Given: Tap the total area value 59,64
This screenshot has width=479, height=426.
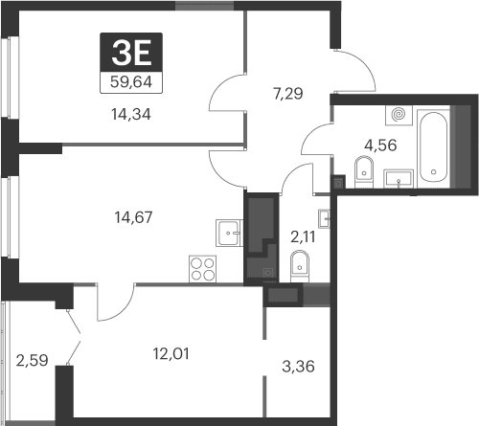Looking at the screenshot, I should [132, 81].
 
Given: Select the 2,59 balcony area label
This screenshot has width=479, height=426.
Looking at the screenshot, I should [32, 361].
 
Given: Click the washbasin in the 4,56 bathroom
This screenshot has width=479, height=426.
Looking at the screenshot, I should [398, 177].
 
